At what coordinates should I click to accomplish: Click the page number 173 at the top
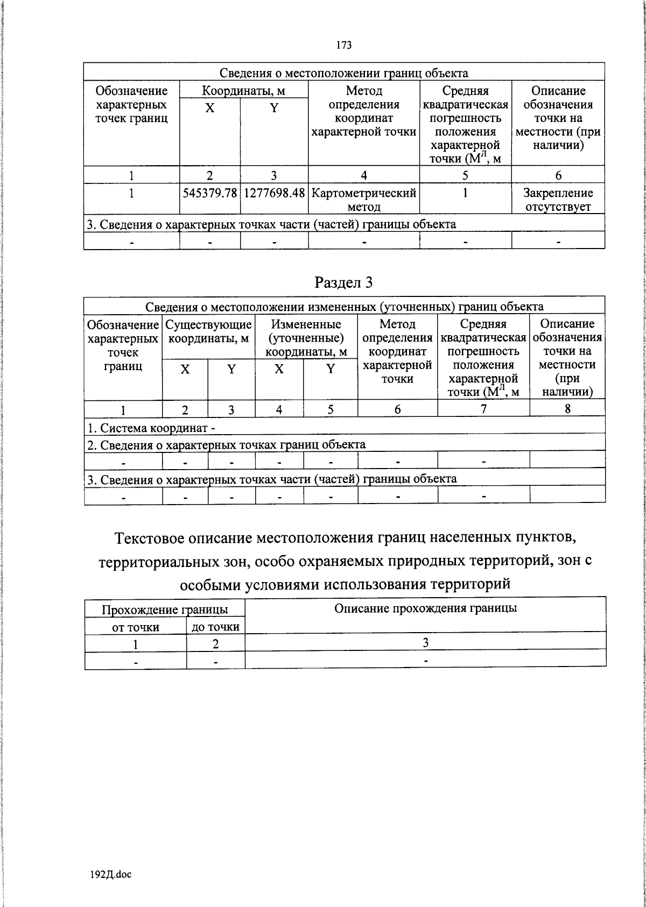click(x=344, y=45)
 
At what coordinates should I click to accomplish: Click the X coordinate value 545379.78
click(x=210, y=193)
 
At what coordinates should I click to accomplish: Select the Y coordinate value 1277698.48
click(x=274, y=193)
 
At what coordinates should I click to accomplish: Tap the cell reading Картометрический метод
click(x=364, y=200)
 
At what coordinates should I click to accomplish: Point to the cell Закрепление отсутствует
click(x=558, y=200)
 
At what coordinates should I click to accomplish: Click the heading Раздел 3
click(x=344, y=282)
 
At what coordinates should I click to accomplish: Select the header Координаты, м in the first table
click(x=243, y=90)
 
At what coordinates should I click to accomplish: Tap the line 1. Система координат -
click(x=151, y=429)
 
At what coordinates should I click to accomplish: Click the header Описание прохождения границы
click(x=425, y=608)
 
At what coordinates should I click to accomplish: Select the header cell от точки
click(x=135, y=627)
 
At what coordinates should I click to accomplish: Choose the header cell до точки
click(x=215, y=627)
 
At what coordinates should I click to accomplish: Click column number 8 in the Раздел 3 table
click(x=567, y=409)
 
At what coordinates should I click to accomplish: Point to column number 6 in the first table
click(x=558, y=175)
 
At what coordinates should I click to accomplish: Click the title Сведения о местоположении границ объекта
click(x=344, y=73)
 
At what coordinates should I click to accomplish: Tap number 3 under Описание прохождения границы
click(x=425, y=643)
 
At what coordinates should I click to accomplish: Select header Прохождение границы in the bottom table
click(x=165, y=610)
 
